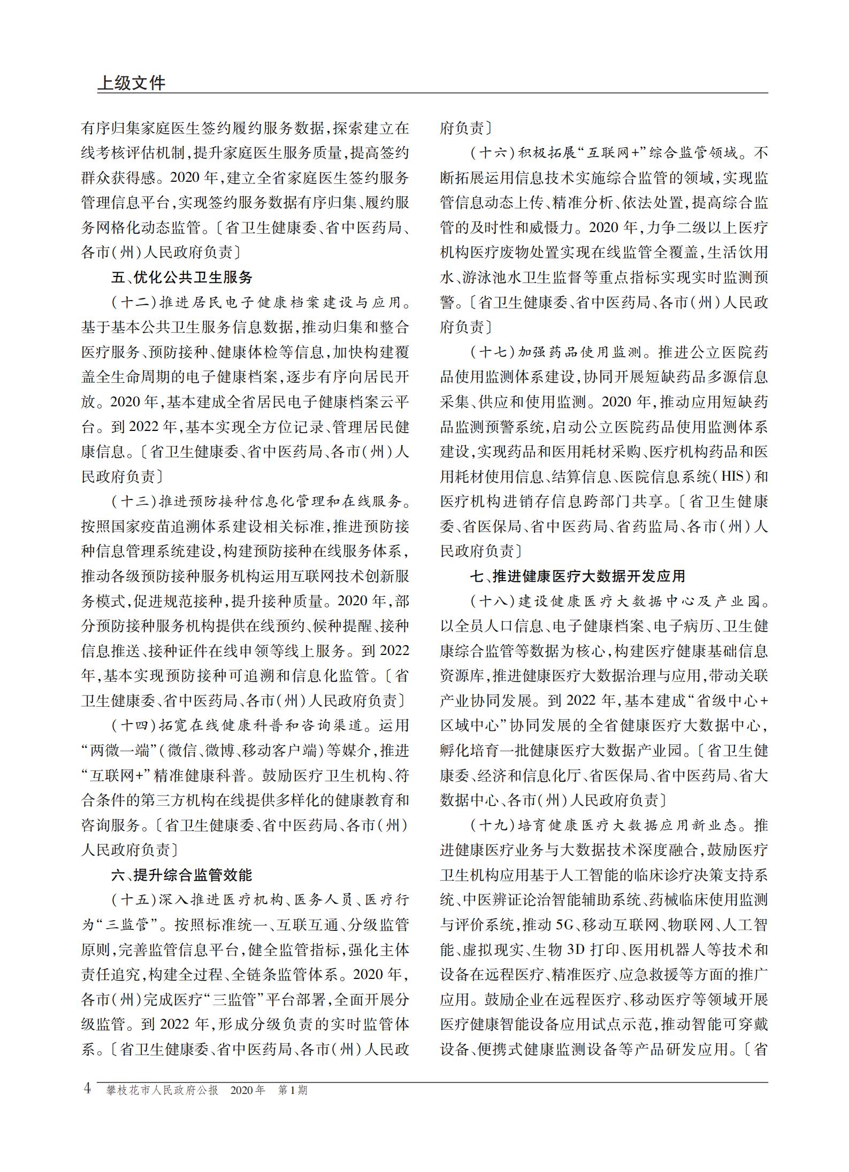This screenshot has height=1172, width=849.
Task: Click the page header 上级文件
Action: coord(132,83)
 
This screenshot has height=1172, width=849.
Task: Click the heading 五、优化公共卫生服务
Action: coord(181,277)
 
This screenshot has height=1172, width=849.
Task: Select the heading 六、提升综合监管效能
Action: coord(181,875)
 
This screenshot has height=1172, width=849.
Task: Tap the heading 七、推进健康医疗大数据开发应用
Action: coord(578,576)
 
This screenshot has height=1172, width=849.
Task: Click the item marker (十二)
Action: coord(134,303)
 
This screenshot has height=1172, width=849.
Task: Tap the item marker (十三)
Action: coord(134,502)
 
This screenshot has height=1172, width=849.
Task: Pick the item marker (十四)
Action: coord(134,726)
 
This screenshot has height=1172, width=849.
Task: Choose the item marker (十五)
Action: coord(134,900)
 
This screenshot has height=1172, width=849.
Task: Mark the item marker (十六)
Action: coord(493,153)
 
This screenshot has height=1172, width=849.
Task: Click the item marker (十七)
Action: coord(493,352)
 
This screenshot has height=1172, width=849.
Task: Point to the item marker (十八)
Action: coord(493,602)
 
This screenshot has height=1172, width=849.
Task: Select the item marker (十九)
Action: coord(493,826)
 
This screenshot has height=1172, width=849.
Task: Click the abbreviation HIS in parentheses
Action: coord(732,477)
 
